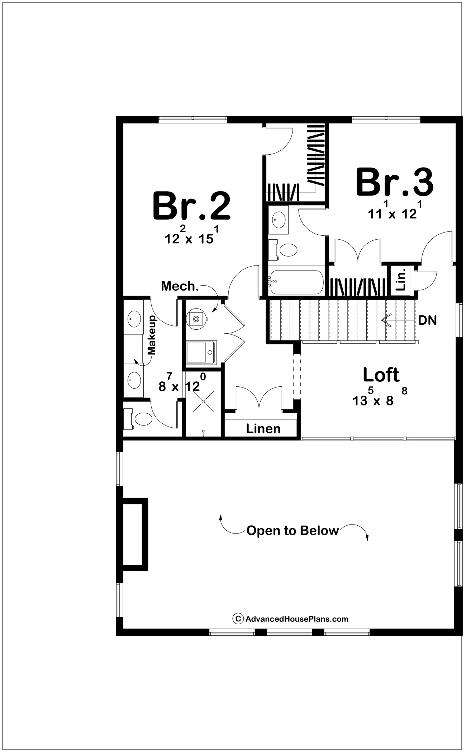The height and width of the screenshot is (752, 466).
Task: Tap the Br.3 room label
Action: pyautogui.click(x=394, y=183)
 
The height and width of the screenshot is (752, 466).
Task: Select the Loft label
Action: pyautogui.click(x=381, y=375)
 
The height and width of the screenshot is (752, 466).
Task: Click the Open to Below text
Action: pyautogui.click(x=293, y=530)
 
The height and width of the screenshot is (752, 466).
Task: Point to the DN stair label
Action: pyautogui.click(x=427, y=320)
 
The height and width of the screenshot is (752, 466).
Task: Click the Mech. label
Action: pyautogui.click(x=180, y=286)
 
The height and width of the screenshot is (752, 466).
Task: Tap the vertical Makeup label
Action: pyautogui.click(x=152, y=335)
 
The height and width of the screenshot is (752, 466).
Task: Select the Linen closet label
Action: pyautogui.click(x=263, y=429)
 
